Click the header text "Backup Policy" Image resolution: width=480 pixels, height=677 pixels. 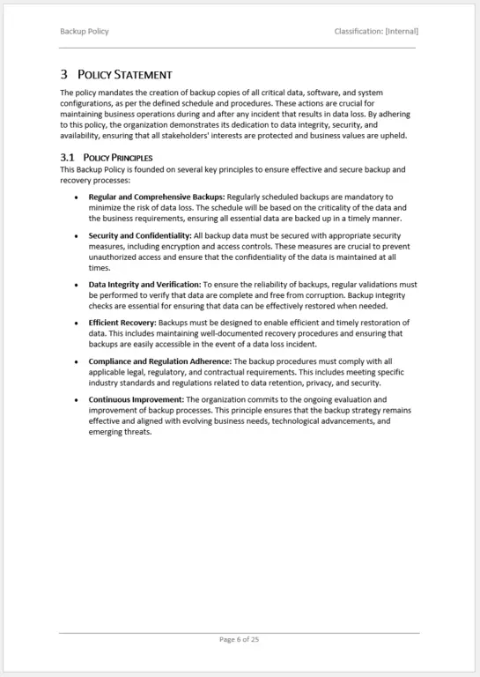coord(85,32)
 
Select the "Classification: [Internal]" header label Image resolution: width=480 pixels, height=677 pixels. coord(376,32)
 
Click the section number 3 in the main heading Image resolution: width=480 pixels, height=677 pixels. coord(64,75)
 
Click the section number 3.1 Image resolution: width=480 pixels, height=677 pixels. coord(67,158)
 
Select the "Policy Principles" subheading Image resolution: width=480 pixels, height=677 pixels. coord(118,158)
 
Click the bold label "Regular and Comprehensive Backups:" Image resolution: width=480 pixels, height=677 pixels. coord(156,197)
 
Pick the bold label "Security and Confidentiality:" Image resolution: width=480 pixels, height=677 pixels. coord(139,235)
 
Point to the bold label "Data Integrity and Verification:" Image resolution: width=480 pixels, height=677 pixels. coord(144,285)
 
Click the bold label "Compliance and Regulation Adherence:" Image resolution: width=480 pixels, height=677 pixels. coord(159,361)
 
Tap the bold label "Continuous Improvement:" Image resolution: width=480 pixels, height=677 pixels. coord(130,399)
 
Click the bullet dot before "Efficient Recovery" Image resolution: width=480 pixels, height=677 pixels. coord(76,324)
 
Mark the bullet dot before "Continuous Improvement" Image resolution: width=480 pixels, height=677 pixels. coord(76,400)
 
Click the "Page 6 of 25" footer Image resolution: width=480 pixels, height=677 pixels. coord(239,639)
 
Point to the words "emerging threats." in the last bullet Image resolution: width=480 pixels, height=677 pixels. coord(120,432)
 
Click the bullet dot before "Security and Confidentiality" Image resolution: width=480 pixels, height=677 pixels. coord(76,236)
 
